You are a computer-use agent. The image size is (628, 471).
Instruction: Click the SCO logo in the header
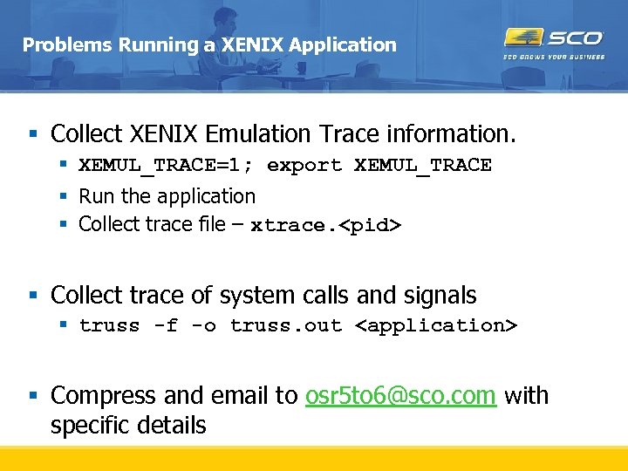[554, 38]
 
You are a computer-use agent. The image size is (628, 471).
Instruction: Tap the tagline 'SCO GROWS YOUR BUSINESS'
[554, 58]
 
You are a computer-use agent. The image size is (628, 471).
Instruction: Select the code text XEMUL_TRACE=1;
[167, 165]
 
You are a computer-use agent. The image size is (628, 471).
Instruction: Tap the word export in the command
[304, 165]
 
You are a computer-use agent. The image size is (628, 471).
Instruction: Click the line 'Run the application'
[167, 196]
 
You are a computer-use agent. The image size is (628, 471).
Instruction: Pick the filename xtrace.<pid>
[326, 225]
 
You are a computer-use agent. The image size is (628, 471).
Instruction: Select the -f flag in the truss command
[166, 325]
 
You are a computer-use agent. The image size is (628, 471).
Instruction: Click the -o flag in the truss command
[203, 325]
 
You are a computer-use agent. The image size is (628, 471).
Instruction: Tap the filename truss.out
[286, 325]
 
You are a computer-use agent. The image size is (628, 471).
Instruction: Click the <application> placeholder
[436, 325]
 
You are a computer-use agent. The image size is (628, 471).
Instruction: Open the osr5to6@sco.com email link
[401, 396]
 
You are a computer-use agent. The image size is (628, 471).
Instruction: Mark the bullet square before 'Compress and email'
[33, 396]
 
